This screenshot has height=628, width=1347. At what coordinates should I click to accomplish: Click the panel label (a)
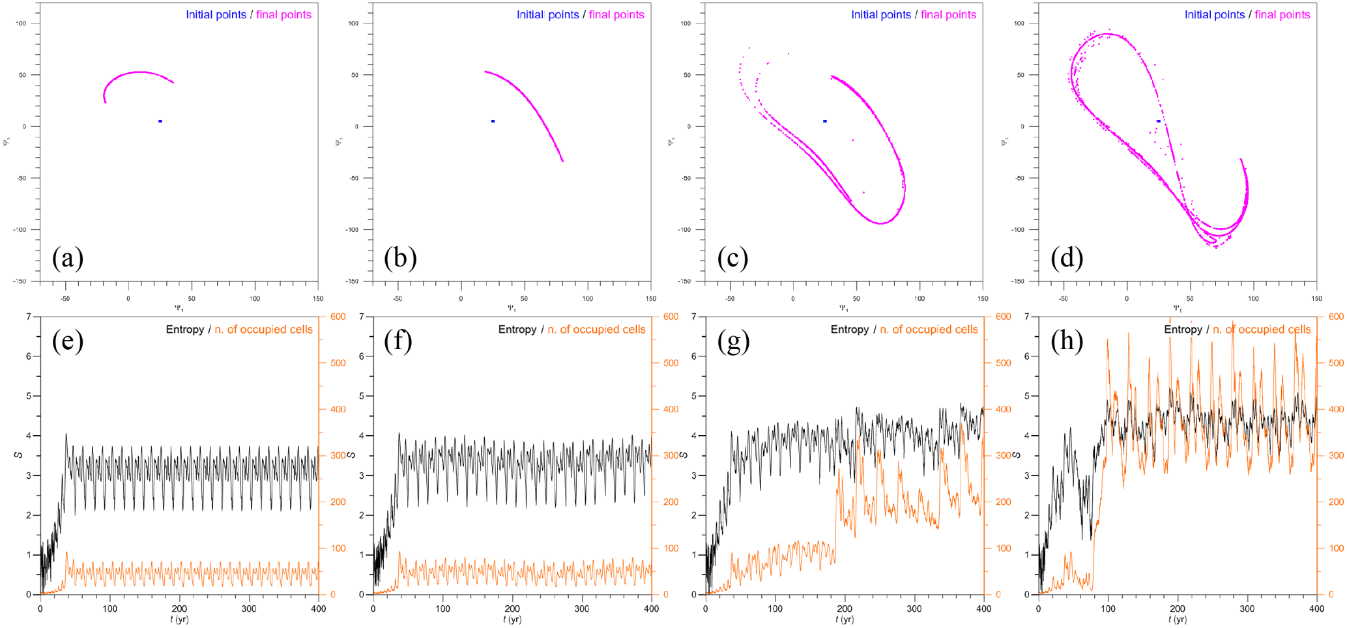click(68, 259)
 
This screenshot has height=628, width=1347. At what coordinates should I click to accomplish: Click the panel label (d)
click(1067, 259)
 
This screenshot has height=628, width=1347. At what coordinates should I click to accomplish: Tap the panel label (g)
click(733, 341)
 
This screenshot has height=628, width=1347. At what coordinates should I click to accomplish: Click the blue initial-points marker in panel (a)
click(160, 121)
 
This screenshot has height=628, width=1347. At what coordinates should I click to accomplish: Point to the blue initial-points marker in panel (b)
click(493, 121)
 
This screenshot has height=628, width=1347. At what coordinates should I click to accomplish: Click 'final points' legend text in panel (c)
click(948, 14)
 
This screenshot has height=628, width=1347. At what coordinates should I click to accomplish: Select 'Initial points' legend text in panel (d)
click(1214, 14)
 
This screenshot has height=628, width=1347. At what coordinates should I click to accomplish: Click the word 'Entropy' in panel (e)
click(184, 330)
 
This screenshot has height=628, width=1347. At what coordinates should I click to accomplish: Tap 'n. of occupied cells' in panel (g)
click(929, 330)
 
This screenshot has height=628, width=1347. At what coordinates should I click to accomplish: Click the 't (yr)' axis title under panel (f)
click(512, 620)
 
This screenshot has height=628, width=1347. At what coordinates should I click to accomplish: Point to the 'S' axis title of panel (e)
click(19, 455)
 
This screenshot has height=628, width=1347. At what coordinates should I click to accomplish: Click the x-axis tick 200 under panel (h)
click(1178, 608)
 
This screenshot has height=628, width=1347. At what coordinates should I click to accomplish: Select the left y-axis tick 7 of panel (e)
click(29, 317)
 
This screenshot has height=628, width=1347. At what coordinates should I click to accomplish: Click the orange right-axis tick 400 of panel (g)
click(1003, 409)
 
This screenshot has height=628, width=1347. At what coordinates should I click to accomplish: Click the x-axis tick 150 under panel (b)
click(650, 298)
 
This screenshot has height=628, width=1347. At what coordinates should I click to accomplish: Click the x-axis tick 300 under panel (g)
click(914, 608)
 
